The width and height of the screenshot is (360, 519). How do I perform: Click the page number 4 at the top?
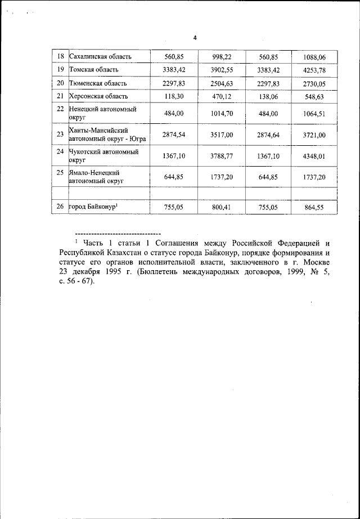[x=195, y=38]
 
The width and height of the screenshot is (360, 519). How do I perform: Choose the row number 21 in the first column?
[x=61, y=96]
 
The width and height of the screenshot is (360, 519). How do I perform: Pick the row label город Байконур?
[x=93, y=207]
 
